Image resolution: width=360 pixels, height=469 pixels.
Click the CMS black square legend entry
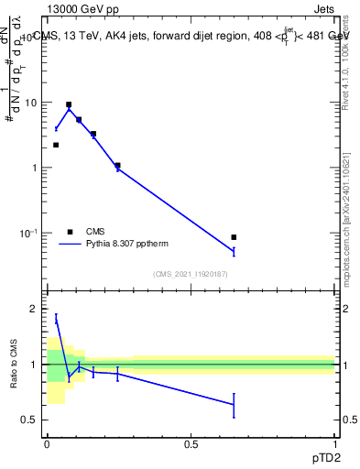coord(70,232)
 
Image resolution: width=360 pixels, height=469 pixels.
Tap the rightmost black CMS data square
coord(234,237)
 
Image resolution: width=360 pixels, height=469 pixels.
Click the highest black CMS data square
coord(69,104)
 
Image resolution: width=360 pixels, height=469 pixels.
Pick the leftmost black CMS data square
coord(56,145)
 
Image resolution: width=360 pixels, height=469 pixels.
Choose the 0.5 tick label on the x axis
coord(191,444)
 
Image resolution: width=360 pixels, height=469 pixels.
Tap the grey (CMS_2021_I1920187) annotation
coord(191,274)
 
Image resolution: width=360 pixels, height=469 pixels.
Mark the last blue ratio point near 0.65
coord(234,404)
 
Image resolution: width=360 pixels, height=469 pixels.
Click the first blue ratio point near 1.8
coord(56,319)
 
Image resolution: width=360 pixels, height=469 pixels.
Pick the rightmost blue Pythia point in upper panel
coord(234,251)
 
